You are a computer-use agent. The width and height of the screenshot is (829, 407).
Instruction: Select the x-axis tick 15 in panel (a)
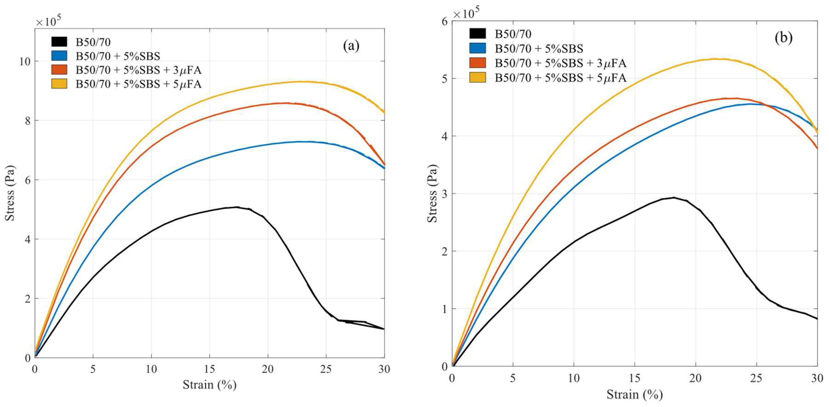pyautogui.click(x=210, y=369)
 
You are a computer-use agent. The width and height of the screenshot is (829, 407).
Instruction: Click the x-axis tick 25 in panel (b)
pyautogui.click(x=756, y=378)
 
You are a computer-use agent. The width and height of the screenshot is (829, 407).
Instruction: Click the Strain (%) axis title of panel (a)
pyautogui.click(x=210, y=384)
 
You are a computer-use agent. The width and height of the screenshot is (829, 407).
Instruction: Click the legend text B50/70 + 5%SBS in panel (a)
pyautogui.click(x=118, y=56)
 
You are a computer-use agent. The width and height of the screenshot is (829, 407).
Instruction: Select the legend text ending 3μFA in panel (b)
pyautogui.click(x=560, y=63)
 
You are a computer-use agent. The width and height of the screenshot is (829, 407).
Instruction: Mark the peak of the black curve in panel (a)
pyautogui.click(x=236, y=207)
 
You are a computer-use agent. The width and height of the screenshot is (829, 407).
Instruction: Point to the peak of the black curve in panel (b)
pyautogui.click(x=674, y=197)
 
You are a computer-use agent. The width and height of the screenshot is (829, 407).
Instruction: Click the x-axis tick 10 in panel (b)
pyautogui.click(x=573, y=378)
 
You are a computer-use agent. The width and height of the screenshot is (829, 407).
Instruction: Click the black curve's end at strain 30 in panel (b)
pyautogui.click(x=817, y=319)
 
